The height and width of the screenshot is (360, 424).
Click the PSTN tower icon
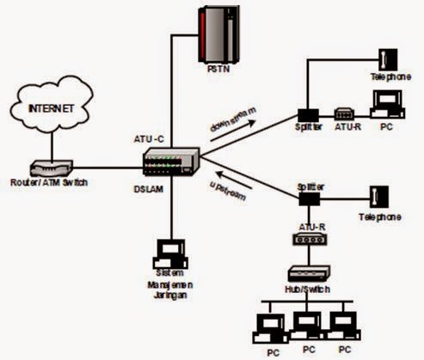point(218,35)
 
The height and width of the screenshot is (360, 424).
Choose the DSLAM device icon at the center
point(172,162)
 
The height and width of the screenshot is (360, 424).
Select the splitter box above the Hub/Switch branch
point(306,197)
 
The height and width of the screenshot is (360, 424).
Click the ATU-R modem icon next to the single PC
point(342,113)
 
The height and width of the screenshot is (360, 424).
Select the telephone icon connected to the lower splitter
point(378,198)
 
